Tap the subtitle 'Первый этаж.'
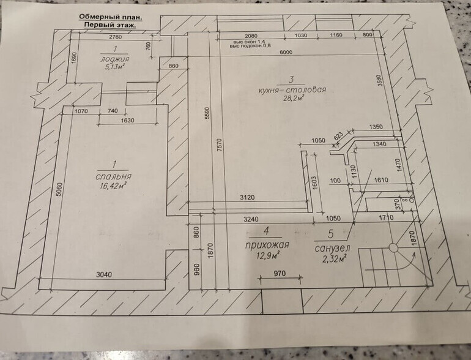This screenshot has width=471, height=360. tap(111, 26)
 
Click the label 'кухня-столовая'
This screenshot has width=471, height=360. tap(292, 90)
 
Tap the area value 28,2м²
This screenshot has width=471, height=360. tap(292, 99)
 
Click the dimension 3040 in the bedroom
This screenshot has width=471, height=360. tap(104, 275)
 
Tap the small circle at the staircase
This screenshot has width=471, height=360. tap(393, 248)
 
